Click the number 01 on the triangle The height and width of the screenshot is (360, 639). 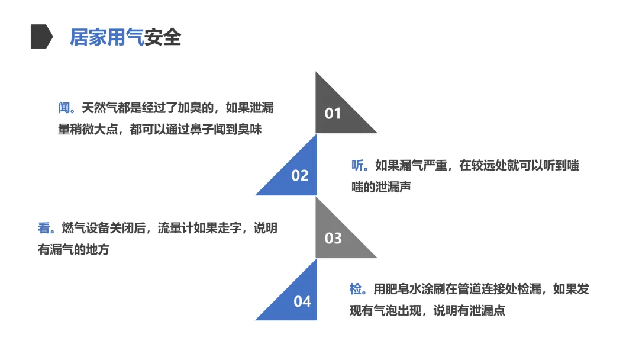[x=333, y=113]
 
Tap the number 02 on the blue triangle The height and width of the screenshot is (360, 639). [x=300, y=175]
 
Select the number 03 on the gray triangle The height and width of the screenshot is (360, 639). [x=333, y=238]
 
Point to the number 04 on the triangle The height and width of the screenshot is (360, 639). [x=302, y=301]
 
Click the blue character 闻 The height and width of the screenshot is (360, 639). [x=64, y=108]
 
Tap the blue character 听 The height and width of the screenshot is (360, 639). [x=359, y=166]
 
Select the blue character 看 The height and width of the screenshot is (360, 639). [x=45, y=229]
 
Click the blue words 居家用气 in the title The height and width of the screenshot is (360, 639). [x=106, y=37]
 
